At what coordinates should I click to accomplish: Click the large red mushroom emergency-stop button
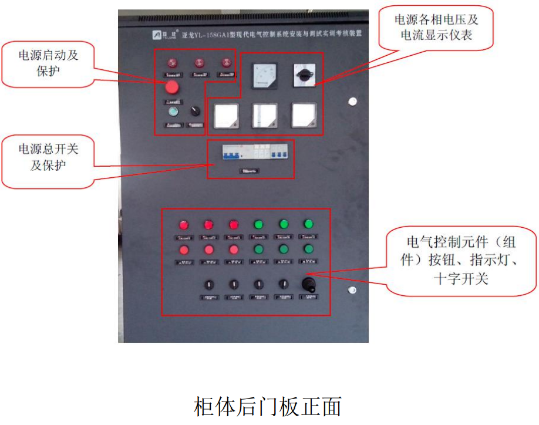tap(172, 87)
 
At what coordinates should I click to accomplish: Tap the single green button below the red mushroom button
tap(173, 112)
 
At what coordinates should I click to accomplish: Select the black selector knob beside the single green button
tap(196, 111)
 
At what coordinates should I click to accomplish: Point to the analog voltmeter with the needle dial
tap(262, 76)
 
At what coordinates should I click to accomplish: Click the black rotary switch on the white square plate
tap(304, 75)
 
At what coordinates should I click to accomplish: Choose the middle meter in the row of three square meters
tap(264, 115)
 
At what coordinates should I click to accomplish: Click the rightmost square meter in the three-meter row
tap(304, 114)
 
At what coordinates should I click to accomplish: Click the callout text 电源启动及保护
tap(48, 63)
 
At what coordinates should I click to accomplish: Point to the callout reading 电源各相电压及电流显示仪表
tap(436, 28)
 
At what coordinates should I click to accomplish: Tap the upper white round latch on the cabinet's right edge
tap(352, 102)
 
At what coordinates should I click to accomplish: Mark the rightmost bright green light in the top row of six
tap(308, 224)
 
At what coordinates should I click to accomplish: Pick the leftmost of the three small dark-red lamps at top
tap(173, 62)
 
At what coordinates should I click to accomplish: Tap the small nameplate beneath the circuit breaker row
tap(249, 171)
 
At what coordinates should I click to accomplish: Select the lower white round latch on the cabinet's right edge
tap(352, 290)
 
